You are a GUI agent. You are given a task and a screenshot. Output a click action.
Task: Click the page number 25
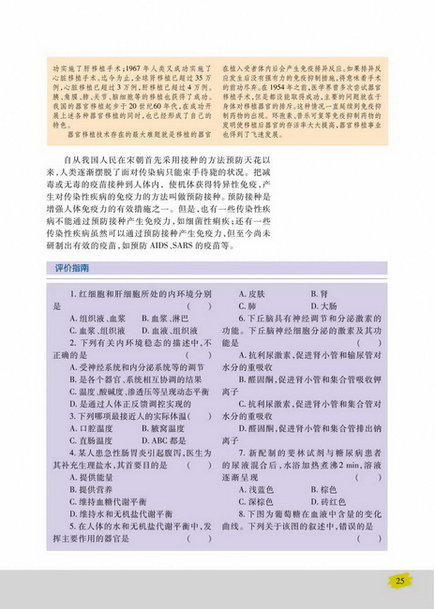click(x=400, y=581)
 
